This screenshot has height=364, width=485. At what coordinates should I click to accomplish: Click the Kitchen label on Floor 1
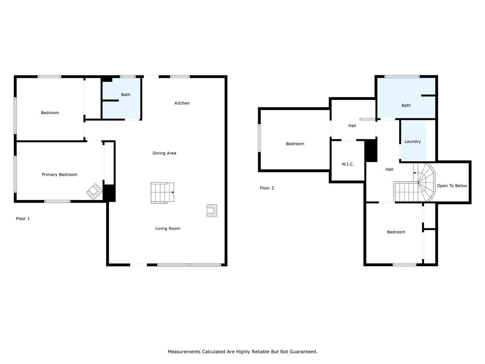point(182,103)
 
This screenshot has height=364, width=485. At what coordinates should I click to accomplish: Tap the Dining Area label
point(164,153)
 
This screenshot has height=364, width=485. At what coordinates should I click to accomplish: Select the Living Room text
point(168,228)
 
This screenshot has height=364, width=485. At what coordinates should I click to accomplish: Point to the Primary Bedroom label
point(59,174)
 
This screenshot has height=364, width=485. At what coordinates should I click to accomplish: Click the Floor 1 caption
point(23,218)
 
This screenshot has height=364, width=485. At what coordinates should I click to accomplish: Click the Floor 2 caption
point(267,188)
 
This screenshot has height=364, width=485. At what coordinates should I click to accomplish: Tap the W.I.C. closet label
point(348,164)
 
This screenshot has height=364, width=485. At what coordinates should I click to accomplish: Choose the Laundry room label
point(413,141)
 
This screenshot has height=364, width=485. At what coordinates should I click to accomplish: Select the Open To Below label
point(452,186)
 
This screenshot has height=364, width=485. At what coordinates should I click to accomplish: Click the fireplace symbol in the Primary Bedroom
point(94,191)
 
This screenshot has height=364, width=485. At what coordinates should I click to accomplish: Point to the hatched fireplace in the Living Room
point(212,210)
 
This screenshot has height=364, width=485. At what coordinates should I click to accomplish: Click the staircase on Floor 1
point(162,193)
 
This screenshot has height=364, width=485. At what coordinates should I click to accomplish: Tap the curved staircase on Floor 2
point(414,182)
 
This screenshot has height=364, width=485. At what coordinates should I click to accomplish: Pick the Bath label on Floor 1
point(126,95)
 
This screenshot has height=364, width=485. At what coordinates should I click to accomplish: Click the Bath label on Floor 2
point(406,106)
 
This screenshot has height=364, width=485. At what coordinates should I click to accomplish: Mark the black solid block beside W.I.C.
point(371,151)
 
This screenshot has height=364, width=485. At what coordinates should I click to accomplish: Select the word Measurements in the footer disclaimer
point(184,352)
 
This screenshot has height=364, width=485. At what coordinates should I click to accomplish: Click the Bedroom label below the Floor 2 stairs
point(396,232)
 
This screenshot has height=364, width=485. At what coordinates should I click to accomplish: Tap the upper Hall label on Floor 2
point(352,126)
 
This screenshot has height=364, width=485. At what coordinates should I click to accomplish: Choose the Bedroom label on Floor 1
point(50,113)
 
